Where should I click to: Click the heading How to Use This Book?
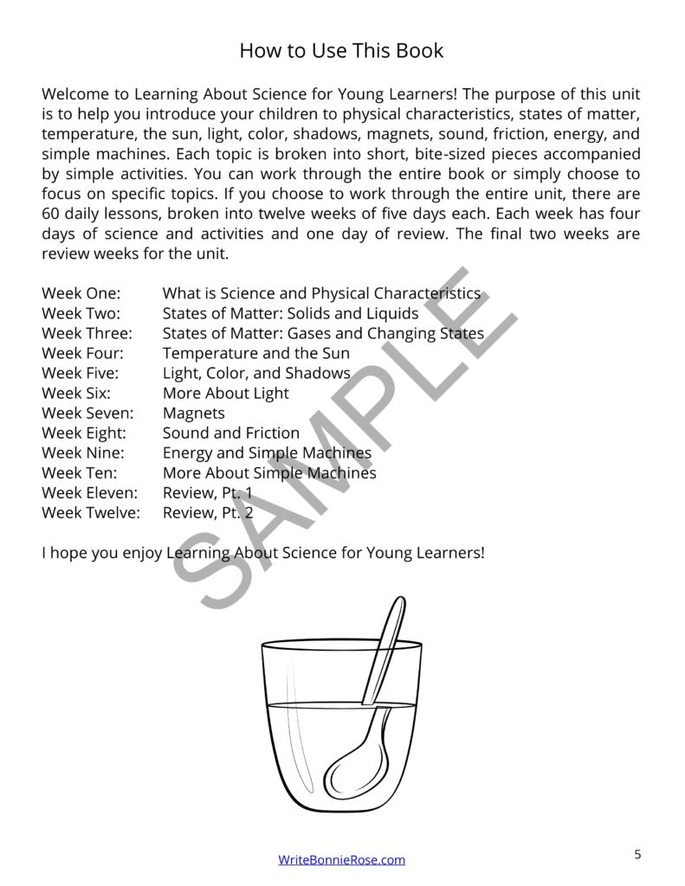point(341,50)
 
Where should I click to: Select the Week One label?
point(81,293)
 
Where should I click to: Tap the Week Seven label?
point(87,413)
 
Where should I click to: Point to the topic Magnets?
point(193,413)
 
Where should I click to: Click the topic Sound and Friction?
point(231,433)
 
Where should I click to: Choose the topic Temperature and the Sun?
point(256,353)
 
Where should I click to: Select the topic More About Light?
point(226,393)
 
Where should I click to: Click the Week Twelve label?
point(89,512)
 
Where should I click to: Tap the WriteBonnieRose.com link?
point(341,859)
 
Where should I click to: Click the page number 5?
point(638,855)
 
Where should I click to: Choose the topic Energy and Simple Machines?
point(267,453)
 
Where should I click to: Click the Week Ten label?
point(79,472)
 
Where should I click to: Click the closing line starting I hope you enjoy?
point(263,551)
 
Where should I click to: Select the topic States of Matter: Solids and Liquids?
point(290,313)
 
